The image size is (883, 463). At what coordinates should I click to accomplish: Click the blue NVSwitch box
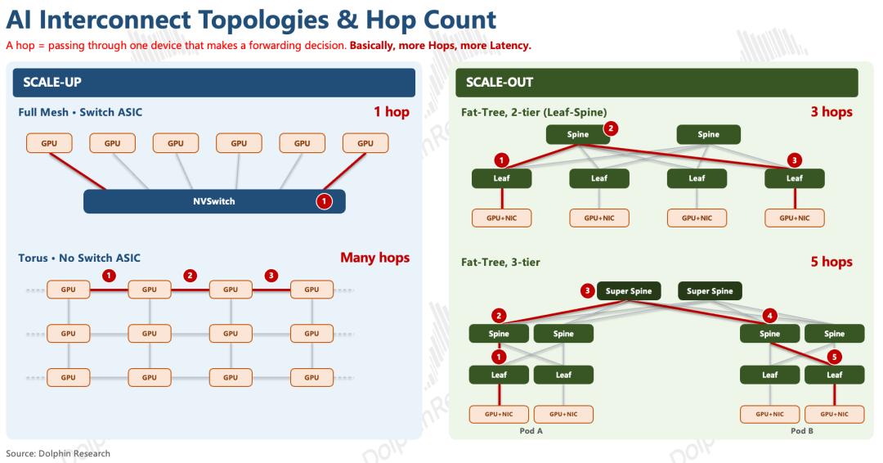click(214, 201)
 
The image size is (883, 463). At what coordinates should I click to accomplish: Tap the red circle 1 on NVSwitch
click(324, 201)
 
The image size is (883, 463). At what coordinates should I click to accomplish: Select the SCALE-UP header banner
click(214, 83)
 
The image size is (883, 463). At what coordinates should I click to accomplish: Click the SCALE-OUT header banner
click(657, 83)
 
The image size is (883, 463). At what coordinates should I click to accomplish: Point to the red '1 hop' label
click(392, 111)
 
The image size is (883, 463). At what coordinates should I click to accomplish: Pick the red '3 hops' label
click(831, 111)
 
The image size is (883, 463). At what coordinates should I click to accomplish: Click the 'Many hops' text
click(375, 258)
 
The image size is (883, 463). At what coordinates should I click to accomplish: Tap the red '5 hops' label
click(831, 261)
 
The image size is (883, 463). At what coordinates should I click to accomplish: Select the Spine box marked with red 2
click(578, 134)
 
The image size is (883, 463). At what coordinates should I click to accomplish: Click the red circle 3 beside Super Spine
click(587, 290)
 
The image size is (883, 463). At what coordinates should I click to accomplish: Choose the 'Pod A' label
click(531, 431)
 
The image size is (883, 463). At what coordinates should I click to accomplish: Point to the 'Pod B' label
click(802, 431)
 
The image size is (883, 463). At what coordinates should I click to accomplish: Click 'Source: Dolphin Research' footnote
click(58, 453)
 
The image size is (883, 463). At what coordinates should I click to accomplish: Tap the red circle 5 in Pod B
click(835, 357)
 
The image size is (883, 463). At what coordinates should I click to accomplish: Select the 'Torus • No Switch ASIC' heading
click(79, 258)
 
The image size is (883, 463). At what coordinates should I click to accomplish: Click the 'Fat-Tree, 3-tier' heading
click(500, 262)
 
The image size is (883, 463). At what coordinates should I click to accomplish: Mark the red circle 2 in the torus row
click(190, 276)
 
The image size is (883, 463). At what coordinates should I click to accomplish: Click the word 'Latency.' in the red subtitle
click(510, 46)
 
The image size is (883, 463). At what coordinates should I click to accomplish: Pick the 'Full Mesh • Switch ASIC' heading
click(80, 112)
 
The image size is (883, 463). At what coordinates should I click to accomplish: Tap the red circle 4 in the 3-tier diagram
click(770, 316)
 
